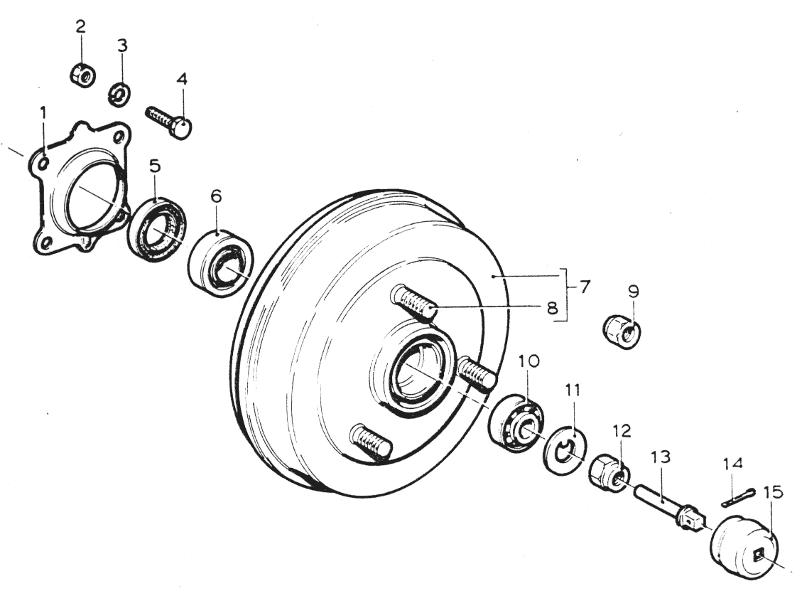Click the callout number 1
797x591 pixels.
tap(43, 112)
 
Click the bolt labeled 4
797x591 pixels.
tap(168, 122)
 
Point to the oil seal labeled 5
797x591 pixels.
tap(157, 229)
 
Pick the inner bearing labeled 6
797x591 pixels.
tap(221, 262)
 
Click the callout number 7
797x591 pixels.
tap(584, 287)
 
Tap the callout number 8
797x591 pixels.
tap(553, 307)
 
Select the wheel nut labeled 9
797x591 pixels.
tap(623, 331)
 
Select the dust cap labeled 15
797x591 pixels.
tap(744, 547)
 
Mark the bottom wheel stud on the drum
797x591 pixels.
tap(372, 442)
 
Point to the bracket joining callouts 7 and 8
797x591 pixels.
tap(564, 294)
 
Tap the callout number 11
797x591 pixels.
tap(572, 390)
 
